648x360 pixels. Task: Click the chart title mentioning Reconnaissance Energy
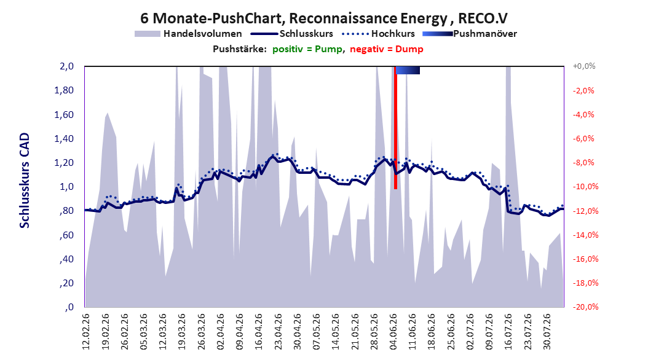coord(324,18)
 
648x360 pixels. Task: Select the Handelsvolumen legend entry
coord(188,34)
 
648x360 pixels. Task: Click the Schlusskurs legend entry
coord(292,34)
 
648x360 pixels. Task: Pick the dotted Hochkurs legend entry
coord(378,34)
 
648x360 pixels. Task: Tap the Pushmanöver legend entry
coord(470,34)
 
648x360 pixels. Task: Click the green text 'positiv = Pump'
coord(307,49)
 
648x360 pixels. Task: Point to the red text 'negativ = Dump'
coord(387,49)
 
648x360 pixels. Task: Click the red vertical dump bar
coord(395,128)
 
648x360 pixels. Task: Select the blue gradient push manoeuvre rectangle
coord(408,70)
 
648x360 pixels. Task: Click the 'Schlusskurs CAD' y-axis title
coord(25,181)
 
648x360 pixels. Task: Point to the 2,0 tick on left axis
coord(66,66)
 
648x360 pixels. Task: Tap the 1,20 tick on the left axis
coord(64,163)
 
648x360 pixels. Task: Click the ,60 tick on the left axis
coord(66,235)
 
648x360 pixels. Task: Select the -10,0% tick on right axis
coord(585,187)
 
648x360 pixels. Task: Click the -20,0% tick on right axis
coord(585,307)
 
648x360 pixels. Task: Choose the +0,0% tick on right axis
coord(584,66)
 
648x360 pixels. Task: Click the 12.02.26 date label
coord(86,332)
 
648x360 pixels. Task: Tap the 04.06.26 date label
coord(393,332)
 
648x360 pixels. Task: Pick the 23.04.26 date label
coord(278,332)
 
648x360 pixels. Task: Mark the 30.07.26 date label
coord(547,332)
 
